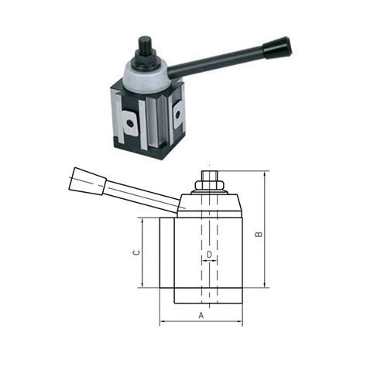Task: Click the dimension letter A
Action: [x=201, y=315]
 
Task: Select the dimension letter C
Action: [x=136, y=252]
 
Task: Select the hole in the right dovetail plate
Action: [x=178, y=115]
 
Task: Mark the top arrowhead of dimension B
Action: [x=266, y=175]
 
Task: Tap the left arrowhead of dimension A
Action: [x=163, y=322]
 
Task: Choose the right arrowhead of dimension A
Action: [x=240, y=322]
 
